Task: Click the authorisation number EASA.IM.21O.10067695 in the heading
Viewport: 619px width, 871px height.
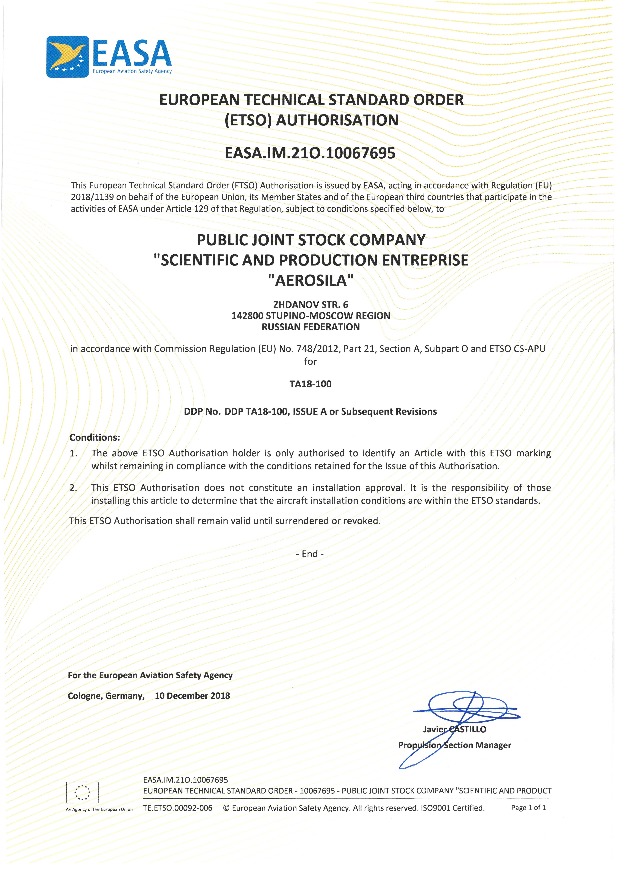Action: (x=310, y=153)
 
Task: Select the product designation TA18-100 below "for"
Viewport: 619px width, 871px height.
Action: (x=310, y=384)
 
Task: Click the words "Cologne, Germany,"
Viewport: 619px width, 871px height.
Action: (x=106, y=696)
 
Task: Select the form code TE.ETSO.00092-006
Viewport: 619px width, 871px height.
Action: (x=178, y=808)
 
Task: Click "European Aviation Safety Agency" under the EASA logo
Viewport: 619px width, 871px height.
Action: (x=132, y=71)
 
